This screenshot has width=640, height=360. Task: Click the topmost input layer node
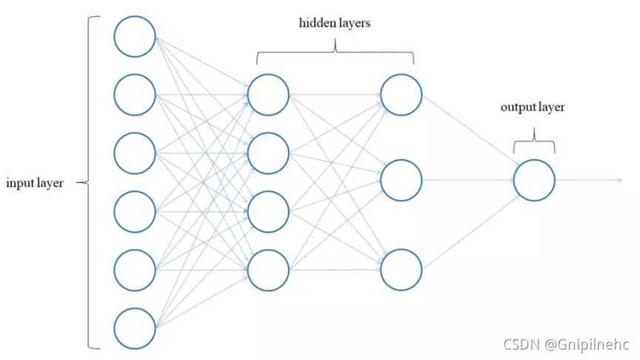(135, 36)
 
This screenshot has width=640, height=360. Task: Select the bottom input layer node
(135, 328)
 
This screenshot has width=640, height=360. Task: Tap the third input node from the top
(135, 153)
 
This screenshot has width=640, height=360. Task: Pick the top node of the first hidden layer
(268, 94)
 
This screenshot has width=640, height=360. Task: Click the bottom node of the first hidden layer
(268, 270)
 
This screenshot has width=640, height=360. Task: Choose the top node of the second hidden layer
(401, 94)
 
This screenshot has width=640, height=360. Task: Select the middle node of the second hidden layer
(401, 180)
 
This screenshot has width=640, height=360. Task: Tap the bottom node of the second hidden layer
(401, 269)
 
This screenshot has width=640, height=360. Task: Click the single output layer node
(534, 180)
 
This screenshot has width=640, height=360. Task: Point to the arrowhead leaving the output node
(619, 180)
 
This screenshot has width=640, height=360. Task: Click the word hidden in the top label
(314, 23)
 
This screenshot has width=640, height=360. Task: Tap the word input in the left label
(20, 183)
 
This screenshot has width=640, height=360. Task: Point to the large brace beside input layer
(90, 182)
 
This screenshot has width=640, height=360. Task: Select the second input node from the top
(135, 94)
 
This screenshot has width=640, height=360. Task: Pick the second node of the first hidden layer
(268, 153)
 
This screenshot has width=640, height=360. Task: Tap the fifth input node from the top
(135, 270)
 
